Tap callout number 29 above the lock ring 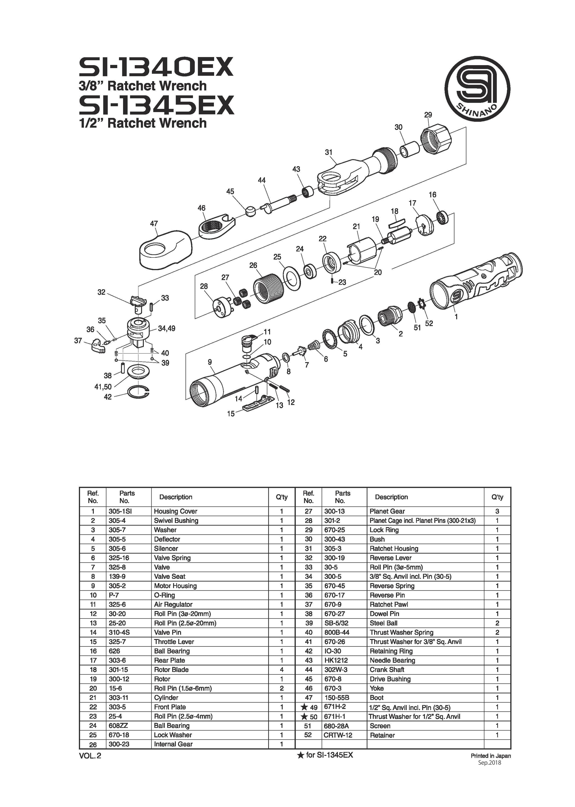point(428,115)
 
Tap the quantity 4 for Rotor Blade point(282,670)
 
